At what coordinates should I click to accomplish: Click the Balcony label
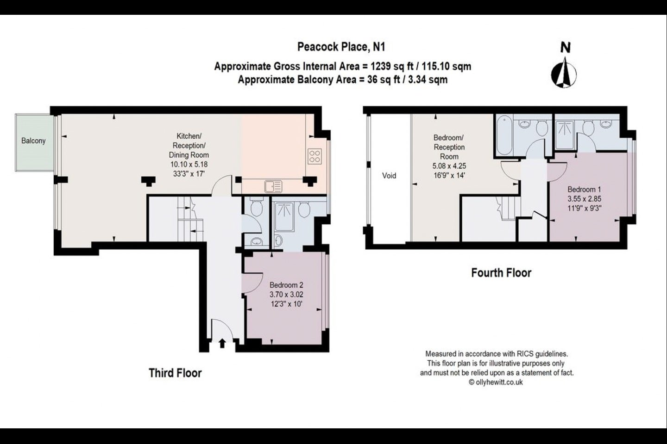coord(33,141)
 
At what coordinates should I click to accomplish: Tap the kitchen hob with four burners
coord(315,156)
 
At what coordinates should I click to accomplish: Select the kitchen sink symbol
coord(273,186)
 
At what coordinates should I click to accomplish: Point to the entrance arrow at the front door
coord(222,343)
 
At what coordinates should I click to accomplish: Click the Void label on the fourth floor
coord(389,175)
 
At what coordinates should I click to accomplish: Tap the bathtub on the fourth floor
coord(504,136)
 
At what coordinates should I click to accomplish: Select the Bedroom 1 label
coord(584,189)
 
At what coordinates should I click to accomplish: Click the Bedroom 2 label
coord(286,285)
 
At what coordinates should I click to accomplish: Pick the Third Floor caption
coord(176,373)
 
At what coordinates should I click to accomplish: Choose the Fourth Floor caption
coord(502,273)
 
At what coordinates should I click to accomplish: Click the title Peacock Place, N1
coord(341,47)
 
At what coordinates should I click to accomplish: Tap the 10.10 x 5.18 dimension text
coord(189,164)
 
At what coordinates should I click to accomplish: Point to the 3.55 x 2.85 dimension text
coord(584,199)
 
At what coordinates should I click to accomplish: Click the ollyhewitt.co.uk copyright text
coord(496,382)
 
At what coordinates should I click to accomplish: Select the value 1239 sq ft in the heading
coord(392,66)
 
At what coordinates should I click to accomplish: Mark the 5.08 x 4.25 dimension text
coord(449,166)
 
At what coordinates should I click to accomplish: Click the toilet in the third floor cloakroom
coord(257,206)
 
